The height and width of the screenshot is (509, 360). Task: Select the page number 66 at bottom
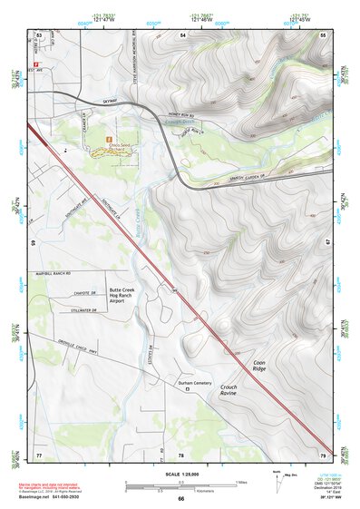[x=180, y=498]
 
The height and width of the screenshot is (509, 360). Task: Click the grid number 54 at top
[x=182, y=34]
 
